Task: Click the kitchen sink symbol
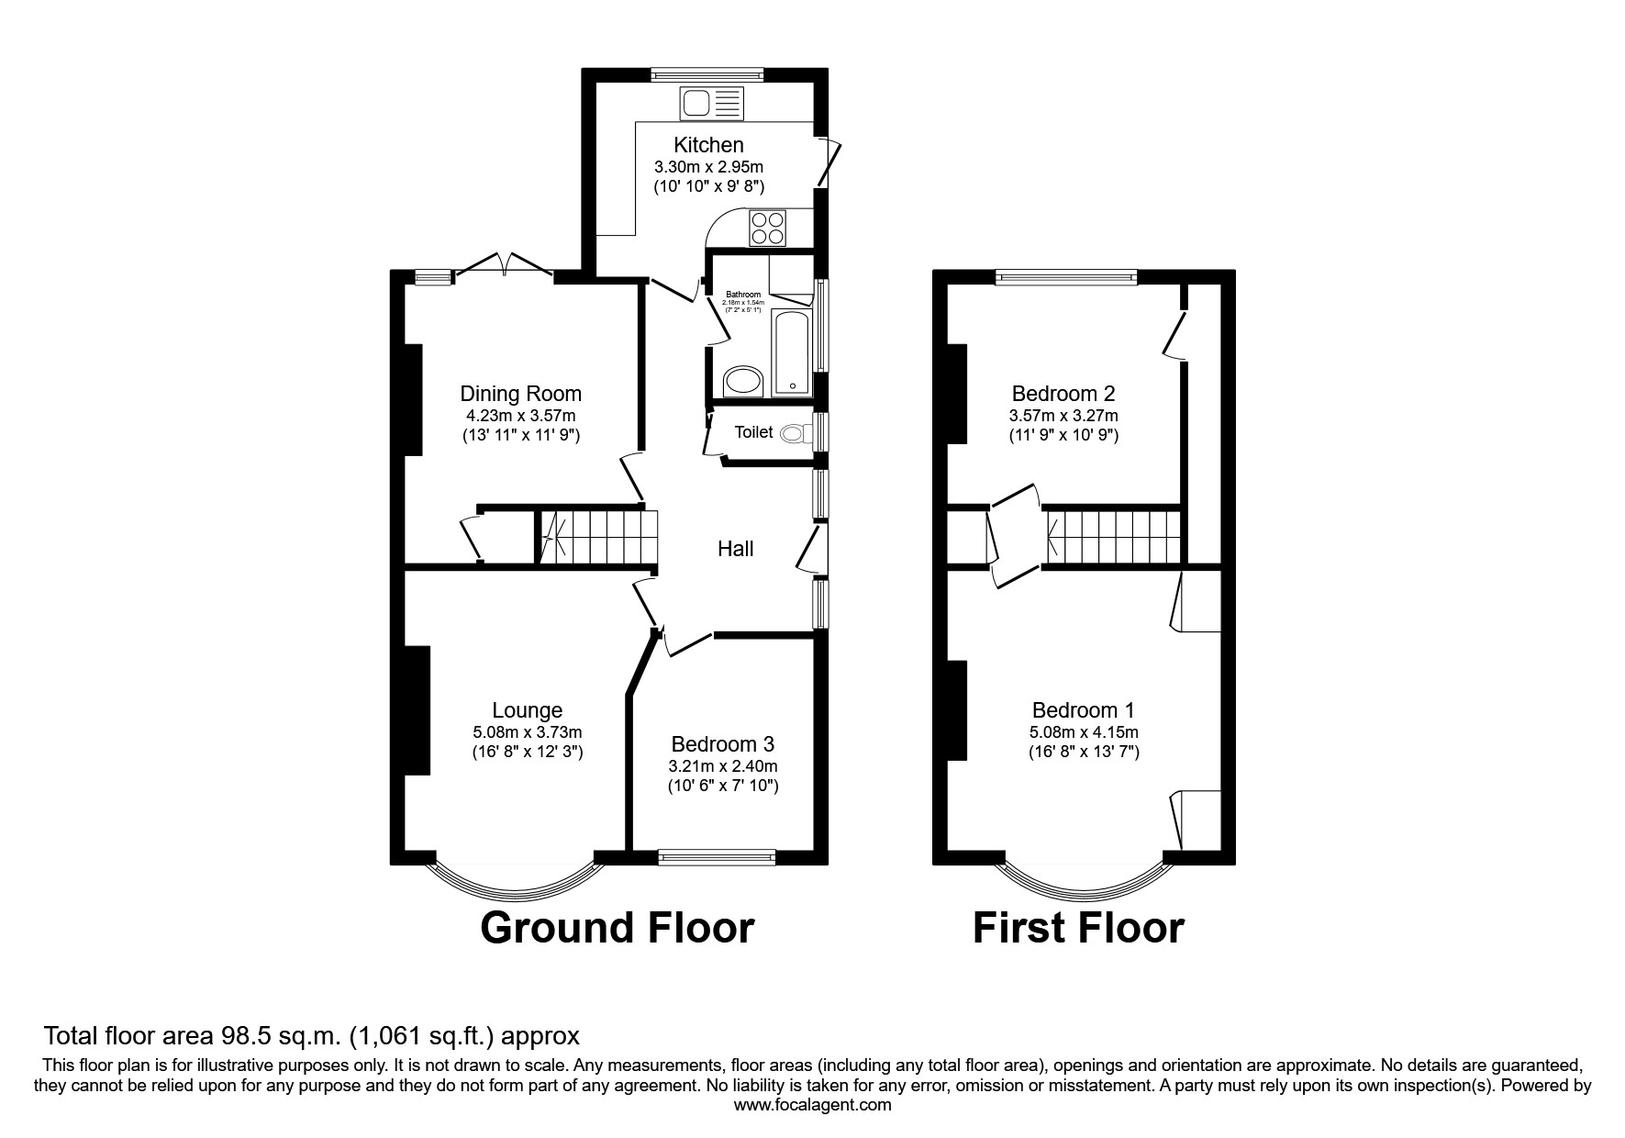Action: (711, 103)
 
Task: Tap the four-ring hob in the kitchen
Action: (768, 228)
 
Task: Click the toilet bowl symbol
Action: (793, 433)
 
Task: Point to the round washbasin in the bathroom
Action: (743, 382)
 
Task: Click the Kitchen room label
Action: (708, 145)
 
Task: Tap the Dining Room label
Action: (520, 394)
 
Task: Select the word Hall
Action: (735, 549)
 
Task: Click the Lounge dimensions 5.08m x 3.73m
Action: (527, 732)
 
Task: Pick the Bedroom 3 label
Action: (722, 744)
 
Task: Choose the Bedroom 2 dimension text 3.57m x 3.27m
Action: (1063, 415)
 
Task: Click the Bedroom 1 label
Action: (1083, 710)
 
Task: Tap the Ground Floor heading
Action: (617, 928)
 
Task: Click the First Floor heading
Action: (1078, 928)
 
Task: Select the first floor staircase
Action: (1113, 535)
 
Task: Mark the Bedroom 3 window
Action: (717, 857)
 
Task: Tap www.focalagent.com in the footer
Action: (812, 1105)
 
